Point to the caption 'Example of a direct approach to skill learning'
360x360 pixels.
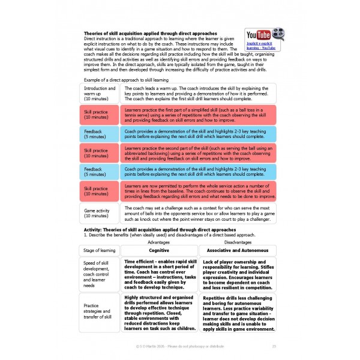126,79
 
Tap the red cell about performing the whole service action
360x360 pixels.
199,192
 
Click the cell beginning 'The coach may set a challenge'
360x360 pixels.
199,212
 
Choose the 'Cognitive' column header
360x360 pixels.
158,250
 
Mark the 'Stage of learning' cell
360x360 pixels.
99,250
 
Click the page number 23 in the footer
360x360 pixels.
274,346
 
